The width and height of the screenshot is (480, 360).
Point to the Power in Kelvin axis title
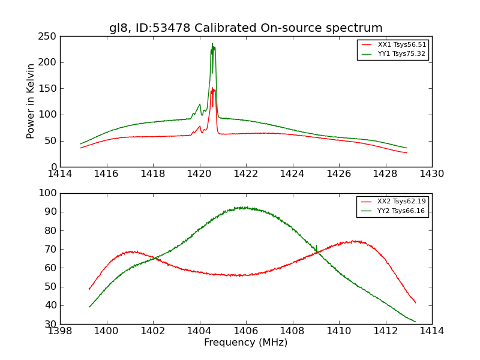click(31, 101)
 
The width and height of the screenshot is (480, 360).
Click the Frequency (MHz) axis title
click(245, 343)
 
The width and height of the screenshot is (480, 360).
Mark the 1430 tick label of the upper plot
click(431, 174)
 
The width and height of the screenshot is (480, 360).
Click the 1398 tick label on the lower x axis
click(60, 331)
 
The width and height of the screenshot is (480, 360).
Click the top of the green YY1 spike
click(212, 44)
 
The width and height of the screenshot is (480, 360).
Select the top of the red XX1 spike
click(212, 88)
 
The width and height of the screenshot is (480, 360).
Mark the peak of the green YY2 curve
click(242, 207)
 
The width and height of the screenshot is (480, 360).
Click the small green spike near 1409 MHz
click(316, 245)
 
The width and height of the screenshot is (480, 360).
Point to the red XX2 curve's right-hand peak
click(356, 241)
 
